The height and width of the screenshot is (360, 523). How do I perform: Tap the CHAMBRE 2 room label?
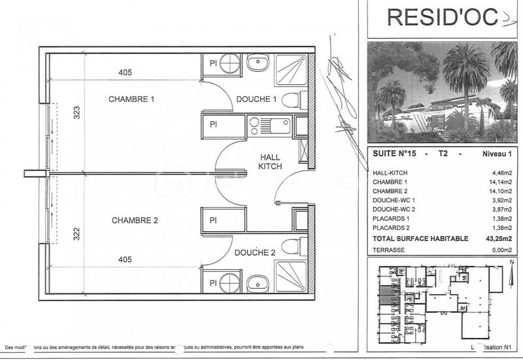click(x=135, y=220)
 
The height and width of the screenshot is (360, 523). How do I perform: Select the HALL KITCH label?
click(x=271, y=162)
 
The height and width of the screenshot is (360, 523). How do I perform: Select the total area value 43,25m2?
click(x=499, y=239)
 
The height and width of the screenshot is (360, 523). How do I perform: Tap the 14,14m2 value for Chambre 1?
click(x=501, y=182)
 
